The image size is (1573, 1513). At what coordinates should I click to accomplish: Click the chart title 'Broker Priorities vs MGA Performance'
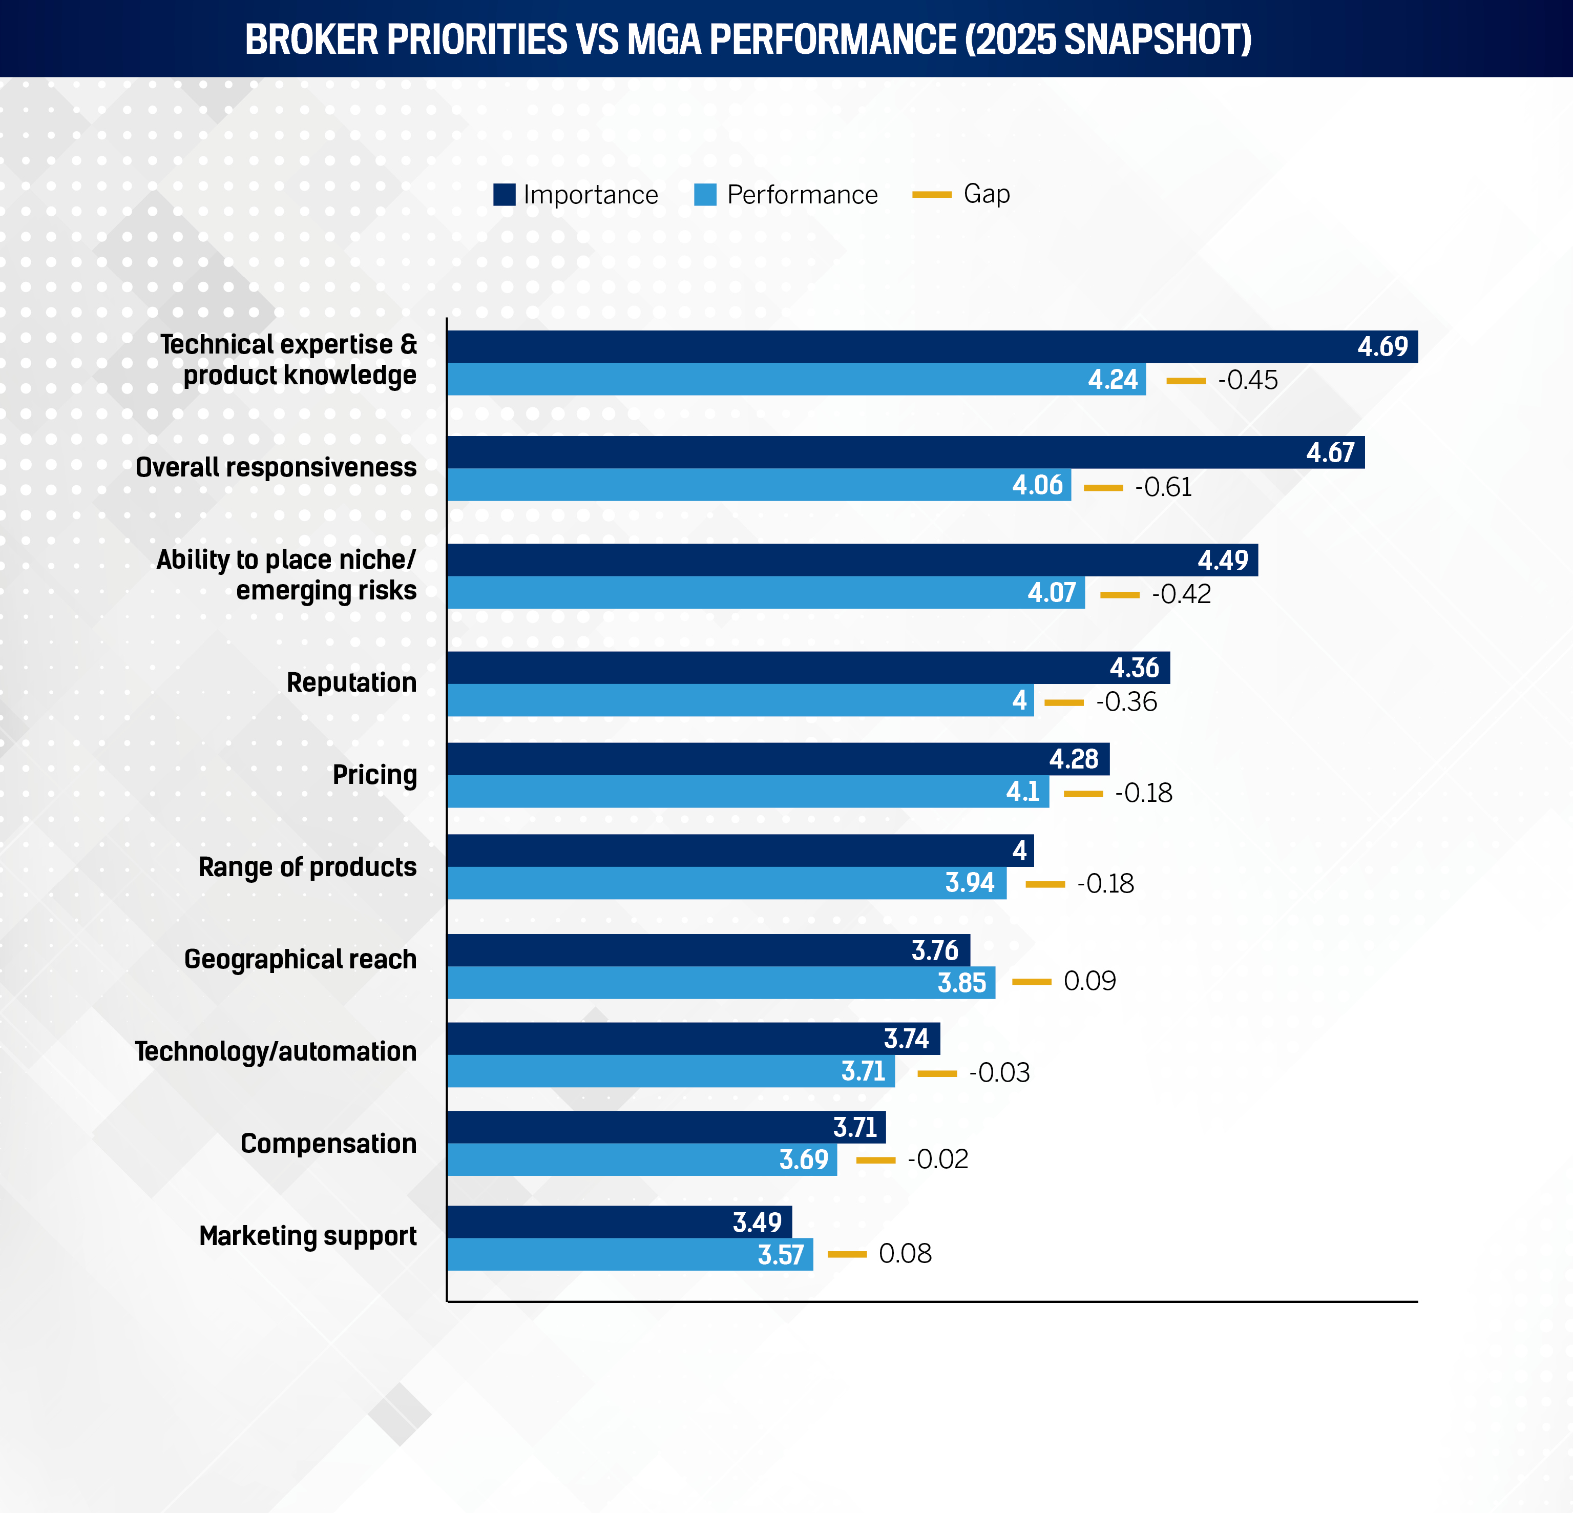(x=748, y=39)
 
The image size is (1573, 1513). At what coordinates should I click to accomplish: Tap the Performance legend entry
(x=787, y=194)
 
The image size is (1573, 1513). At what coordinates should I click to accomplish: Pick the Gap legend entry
(x=961, y=194)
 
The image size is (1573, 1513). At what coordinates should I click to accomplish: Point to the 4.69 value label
(x=1382, y=347)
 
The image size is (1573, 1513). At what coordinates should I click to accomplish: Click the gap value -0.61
(x=1163, y=487)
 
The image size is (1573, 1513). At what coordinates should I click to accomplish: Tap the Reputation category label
(x=351, y=682)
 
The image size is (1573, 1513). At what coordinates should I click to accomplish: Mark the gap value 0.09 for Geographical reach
(x=1089, y=981)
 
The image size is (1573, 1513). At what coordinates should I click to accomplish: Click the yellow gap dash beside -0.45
(x=1185, y=381)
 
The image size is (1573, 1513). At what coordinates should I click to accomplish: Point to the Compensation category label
(x=328, y=1143)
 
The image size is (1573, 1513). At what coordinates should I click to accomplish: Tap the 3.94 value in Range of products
(x=970, y=883)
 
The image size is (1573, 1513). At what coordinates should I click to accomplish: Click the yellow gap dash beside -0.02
(x=875, y=1160)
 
